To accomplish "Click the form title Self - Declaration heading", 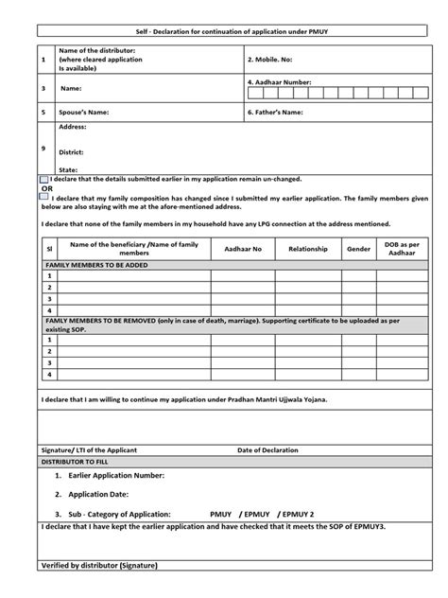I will pos(223,32).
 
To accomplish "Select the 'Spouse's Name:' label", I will pos(84,112).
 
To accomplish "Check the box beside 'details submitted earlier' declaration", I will pos(44,179).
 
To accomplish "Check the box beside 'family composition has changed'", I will pos(44,199).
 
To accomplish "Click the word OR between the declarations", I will pos(46,188).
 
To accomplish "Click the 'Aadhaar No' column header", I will pos(243,249).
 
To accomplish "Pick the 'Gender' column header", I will pos(358,249).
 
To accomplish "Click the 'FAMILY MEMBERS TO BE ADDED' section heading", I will pos(96,266).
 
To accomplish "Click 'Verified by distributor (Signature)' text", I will pos(100,565).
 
